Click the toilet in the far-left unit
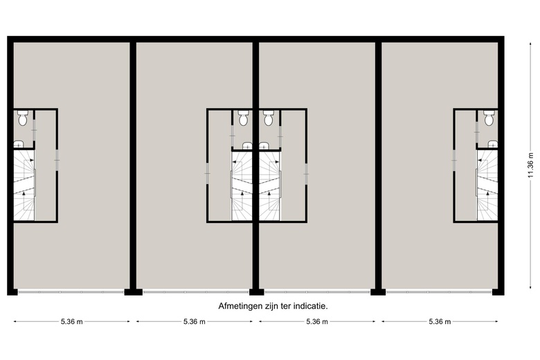coord(22,119)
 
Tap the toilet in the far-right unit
coord(489,119)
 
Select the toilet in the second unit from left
coord(244,119)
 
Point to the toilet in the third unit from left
coord(269,119)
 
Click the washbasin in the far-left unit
coord(19,144)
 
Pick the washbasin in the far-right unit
coord(493,144)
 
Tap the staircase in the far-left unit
coord(24,187)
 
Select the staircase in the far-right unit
coord(487,187)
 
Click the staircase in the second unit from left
coord(243,187)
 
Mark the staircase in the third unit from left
coord(269,187)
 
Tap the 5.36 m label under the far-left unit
coord(72,322)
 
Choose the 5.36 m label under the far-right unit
coord(440,322)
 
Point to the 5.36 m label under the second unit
coord(195,322)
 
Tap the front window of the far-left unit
coord(71,291)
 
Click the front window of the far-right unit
coord(440,291)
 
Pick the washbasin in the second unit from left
coord(247,145)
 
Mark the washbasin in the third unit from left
coord(264,145)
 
